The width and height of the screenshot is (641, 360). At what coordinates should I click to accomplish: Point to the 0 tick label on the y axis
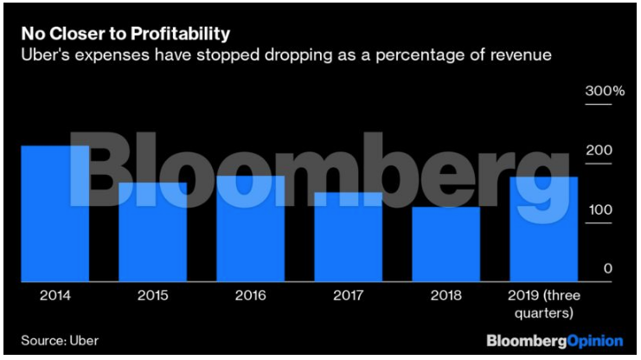click(x=608, y=269)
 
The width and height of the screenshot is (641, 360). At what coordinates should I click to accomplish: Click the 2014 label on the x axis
click(x=55, y=295)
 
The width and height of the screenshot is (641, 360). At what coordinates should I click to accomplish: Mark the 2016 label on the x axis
click(x=250, y=295)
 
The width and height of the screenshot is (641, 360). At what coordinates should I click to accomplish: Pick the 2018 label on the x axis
click(x=445, y=295)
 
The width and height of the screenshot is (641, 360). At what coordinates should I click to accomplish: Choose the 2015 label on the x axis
click(x=152, y=295)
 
